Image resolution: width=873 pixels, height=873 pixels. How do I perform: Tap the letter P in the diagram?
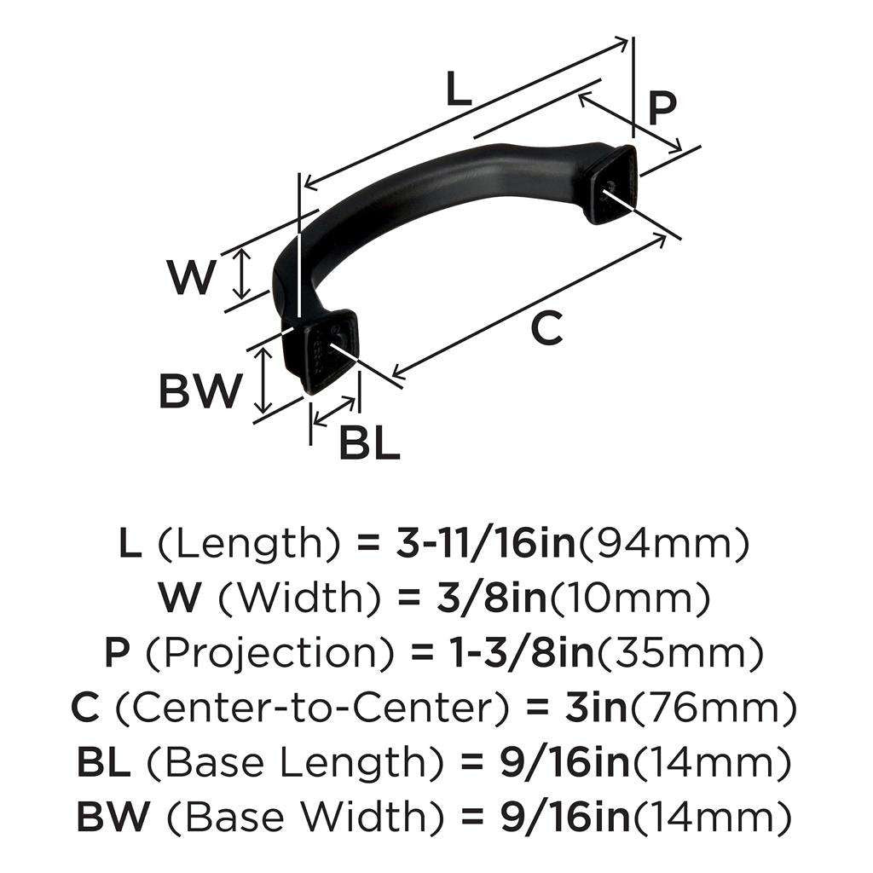click(661, 108)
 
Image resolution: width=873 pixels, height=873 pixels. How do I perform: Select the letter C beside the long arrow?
click(546, 327)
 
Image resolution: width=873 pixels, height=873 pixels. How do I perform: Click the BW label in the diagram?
click(200, 390)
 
